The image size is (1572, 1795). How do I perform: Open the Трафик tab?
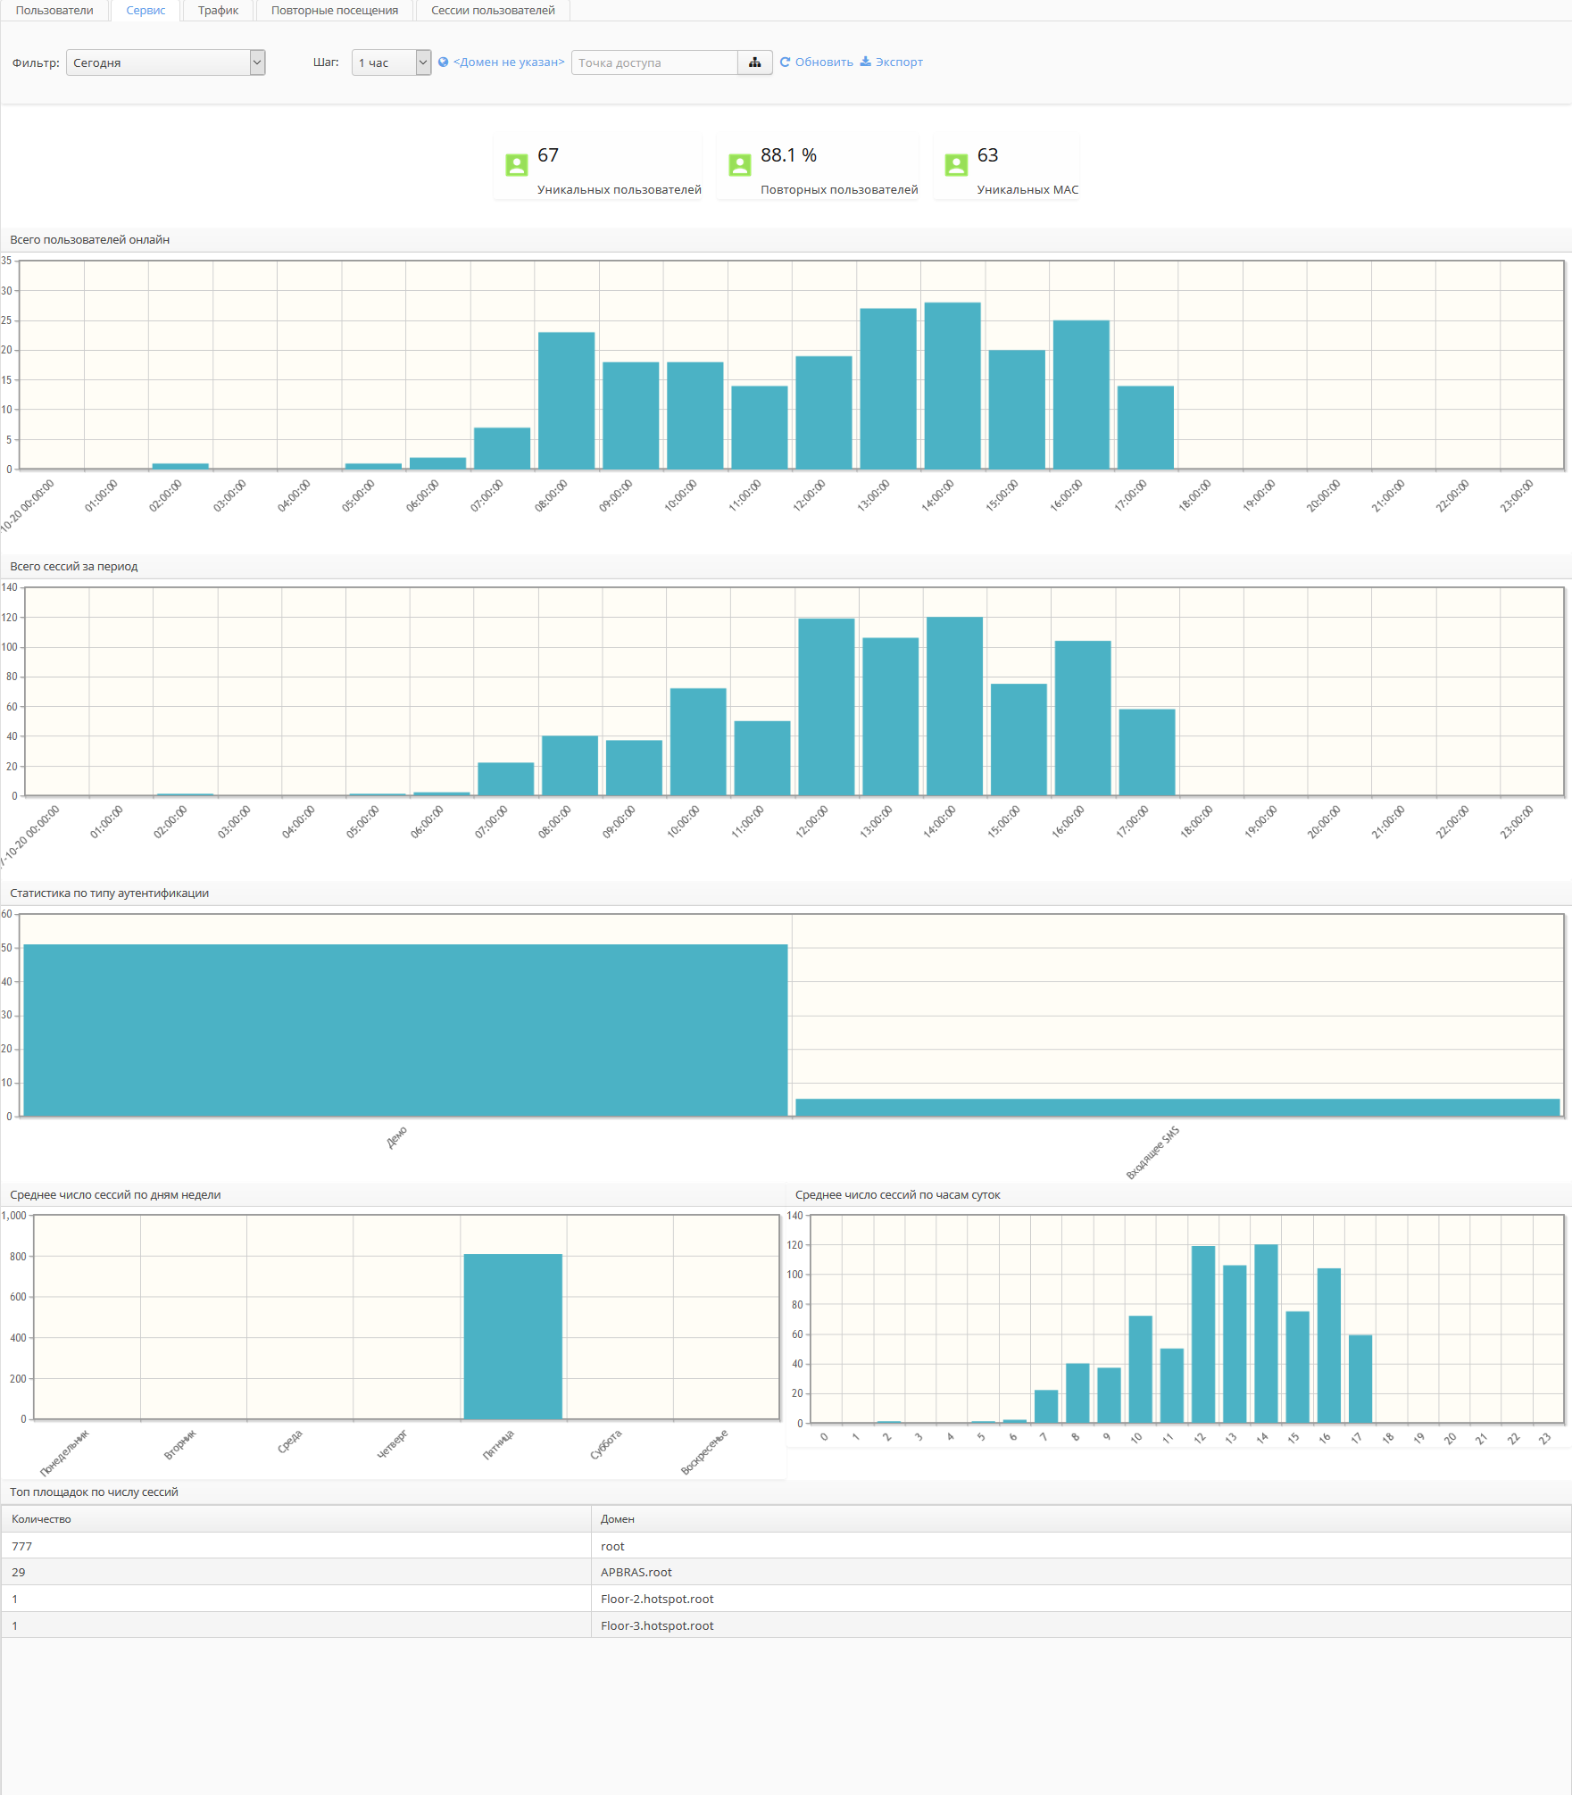tap(218, 11)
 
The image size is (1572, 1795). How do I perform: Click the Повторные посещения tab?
tap(334, 11)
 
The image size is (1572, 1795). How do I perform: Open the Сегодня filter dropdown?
tap(165, 62)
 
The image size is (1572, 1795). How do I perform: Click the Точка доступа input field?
tap(654, 62)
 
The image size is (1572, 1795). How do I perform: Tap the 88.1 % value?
tap(788, 155)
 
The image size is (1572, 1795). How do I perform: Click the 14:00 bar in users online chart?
tap(952, 386)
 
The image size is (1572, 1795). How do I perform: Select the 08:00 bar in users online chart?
tap(566, 401)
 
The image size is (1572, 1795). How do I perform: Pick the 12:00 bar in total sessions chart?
tap(826, 707)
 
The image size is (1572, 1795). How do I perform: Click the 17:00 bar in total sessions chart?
tap(1146, 752)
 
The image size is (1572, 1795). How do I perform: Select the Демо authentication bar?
tap(405, 1030)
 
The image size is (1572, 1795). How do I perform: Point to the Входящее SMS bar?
tap(1177, 1107)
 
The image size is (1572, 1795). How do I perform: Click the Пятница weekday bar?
tap(512, 1336)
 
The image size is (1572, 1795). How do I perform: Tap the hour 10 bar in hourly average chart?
tap(1140, 1369)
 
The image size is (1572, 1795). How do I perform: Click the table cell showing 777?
tap(22, 1546)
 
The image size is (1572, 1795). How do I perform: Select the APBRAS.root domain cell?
tap(636, 1572)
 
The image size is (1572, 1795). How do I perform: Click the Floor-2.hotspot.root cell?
tap(657, 1599)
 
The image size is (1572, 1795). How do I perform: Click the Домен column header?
tap(618, 1519)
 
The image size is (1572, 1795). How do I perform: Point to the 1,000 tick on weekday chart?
tap(14, 1216)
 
